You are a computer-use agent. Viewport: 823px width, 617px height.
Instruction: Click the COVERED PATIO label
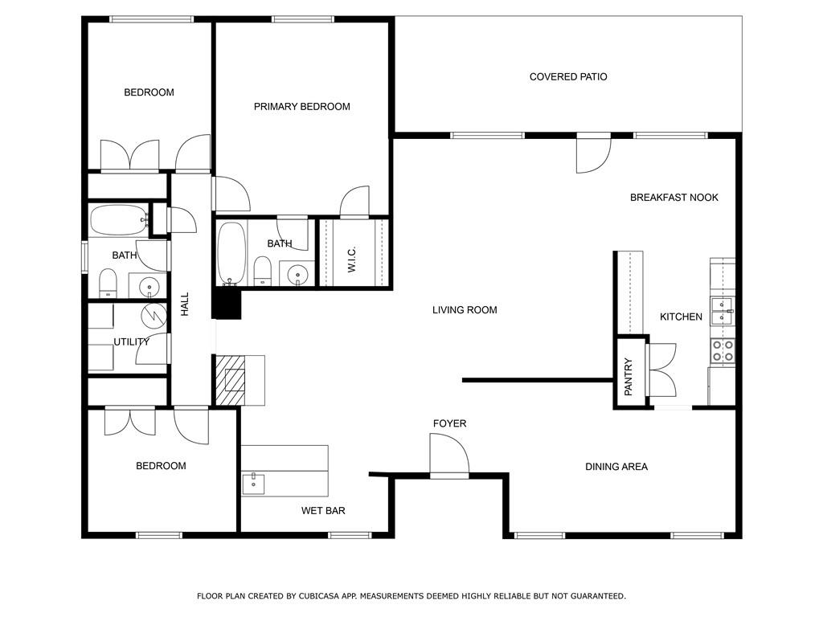[x=568, y=77]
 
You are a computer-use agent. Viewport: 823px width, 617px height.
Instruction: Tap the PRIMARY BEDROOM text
[x=302, y=107]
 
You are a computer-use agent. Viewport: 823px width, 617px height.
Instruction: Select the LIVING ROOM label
[x=465, y=310]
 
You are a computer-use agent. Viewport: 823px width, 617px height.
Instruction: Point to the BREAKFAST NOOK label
[x=674, y=198]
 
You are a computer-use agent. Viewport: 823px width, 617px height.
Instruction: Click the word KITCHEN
[x=681, y=317]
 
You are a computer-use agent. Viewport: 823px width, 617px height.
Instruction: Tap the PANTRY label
[x=629, y=377]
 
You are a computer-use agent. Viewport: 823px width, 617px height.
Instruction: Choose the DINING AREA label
[x=616, y=467]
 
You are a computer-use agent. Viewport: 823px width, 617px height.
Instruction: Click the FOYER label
[x=449, y=423]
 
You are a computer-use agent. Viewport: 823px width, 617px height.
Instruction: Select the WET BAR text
[x=323, y=511]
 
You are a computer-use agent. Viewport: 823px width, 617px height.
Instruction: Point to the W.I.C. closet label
[x=352, y=259]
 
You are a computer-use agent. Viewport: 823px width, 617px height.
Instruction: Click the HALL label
[x=185, y=304]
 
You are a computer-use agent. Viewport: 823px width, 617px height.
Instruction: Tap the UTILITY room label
[x=131, y=342]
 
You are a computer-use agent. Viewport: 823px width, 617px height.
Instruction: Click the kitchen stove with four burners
[x=723, y=351]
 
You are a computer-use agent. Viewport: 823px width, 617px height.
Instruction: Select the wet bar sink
[x=253, y=484]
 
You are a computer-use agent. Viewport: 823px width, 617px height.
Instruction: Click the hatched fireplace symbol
[x=231, y=380]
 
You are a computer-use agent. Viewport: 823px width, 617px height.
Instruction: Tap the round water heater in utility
[x=154, y=315]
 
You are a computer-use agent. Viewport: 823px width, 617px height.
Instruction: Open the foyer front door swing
[x=449, y=455]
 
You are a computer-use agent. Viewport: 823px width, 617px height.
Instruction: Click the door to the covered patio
[x=594, y=153]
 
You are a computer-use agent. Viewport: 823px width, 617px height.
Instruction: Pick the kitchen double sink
[x=723, y=311]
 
